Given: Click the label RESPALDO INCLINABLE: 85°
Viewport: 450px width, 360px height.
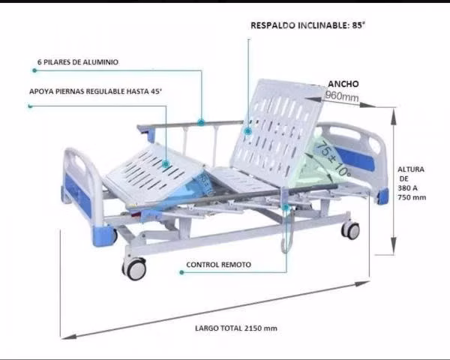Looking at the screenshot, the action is click(x=307, y=25).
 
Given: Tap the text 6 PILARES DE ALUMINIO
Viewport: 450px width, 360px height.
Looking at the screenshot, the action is click(x=78, y=62).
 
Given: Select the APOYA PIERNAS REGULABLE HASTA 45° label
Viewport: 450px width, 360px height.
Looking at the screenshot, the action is click(x=95, y=91).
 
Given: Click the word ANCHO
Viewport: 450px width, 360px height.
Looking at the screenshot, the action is click(x=343, y=84).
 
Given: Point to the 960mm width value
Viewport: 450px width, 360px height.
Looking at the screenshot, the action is click(x=342, y=96).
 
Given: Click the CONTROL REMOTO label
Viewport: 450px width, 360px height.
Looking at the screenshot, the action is click(x=219, y=265).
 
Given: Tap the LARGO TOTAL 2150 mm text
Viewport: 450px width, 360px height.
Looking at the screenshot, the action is click(x=236, y=328).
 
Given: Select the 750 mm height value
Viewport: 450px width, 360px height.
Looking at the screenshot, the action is click(x=412, y=197).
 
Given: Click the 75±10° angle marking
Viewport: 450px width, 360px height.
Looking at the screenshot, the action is click(x=333, y=158).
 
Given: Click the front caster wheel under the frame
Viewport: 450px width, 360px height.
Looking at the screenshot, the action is click(x=134, y=268).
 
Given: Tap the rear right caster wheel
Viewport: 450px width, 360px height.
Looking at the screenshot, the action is click(x=350, y=229).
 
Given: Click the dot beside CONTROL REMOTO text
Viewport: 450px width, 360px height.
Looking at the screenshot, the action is click(x=181, y=272).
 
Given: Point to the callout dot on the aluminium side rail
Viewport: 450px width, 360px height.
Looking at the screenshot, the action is click(x=201, y=122).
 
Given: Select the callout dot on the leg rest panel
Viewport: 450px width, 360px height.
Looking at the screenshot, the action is click(x=166, y=164).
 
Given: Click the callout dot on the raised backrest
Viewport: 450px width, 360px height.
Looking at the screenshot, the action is click(x=248, y=131).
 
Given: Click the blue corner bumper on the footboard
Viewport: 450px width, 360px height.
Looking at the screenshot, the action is click(x=103, y=235).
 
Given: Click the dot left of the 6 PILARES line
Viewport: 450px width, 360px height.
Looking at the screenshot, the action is click(x=34, y=70).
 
